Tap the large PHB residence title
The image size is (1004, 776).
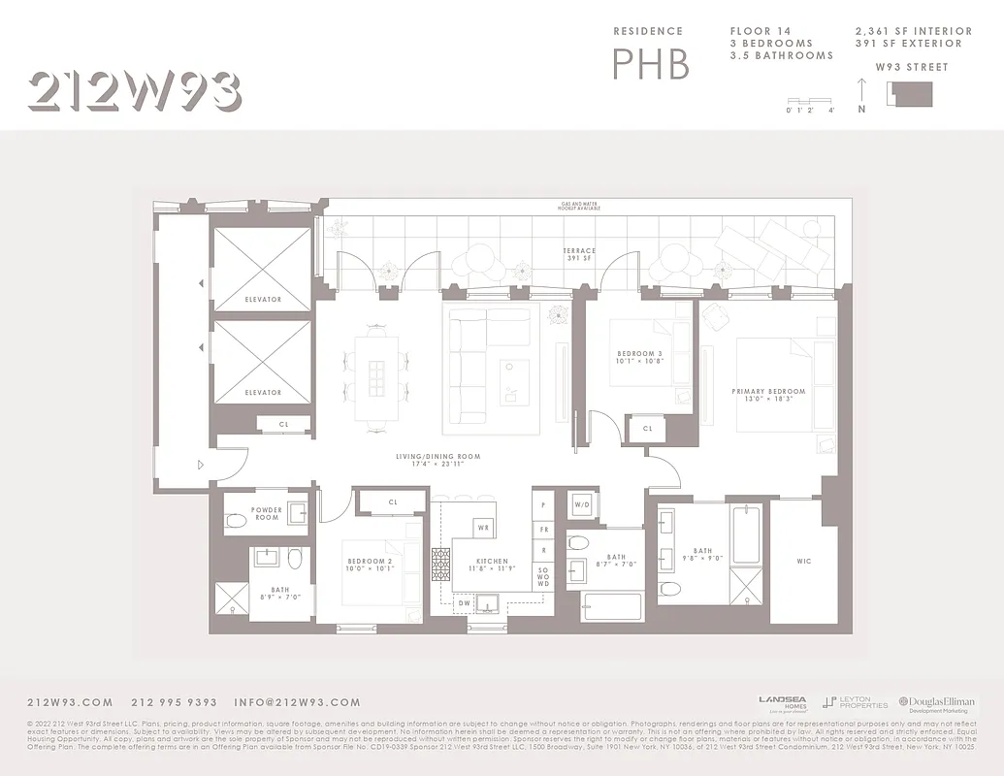pos(650,63)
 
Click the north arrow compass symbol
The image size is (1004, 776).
pos(861,94)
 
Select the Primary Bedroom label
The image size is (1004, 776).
pos(768,395)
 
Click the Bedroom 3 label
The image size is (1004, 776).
pos(639,356)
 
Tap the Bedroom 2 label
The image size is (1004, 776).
pos(368,565)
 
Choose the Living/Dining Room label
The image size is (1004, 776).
pos(437,460)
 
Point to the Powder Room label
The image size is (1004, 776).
pos(267,513)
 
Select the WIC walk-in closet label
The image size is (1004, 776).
pos(803,561)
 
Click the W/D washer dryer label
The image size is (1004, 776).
pos(582,504)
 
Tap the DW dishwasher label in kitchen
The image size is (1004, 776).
pos(464,602)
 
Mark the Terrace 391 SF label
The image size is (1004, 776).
pos(579,254)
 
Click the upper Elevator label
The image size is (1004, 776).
pos(262,300)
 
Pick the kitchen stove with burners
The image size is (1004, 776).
pos(440,564)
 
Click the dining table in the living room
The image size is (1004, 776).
pos(376,376)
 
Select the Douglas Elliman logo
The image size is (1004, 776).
pos(935,703)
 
